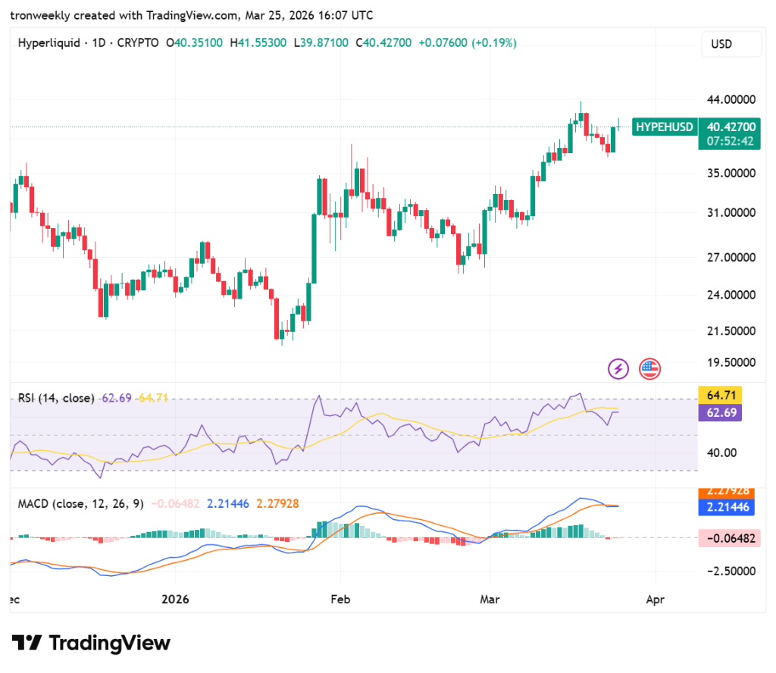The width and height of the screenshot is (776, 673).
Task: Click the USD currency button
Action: (x=731, y=44)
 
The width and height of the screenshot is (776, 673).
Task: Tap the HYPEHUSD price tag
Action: (x=664, y=127)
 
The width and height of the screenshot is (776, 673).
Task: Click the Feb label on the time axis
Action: (x=340, y=599)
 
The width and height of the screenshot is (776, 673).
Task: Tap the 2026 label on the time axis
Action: (x=180, y=599)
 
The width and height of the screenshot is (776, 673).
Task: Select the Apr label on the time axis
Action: (x=655, y=599)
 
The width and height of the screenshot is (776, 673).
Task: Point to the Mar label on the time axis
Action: (x=490, y=599)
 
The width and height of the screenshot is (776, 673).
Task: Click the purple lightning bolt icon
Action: (x=619, y=369)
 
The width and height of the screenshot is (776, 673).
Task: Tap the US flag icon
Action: (x=649, y=369)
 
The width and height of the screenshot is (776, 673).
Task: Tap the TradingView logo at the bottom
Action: (x=91, y=643)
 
